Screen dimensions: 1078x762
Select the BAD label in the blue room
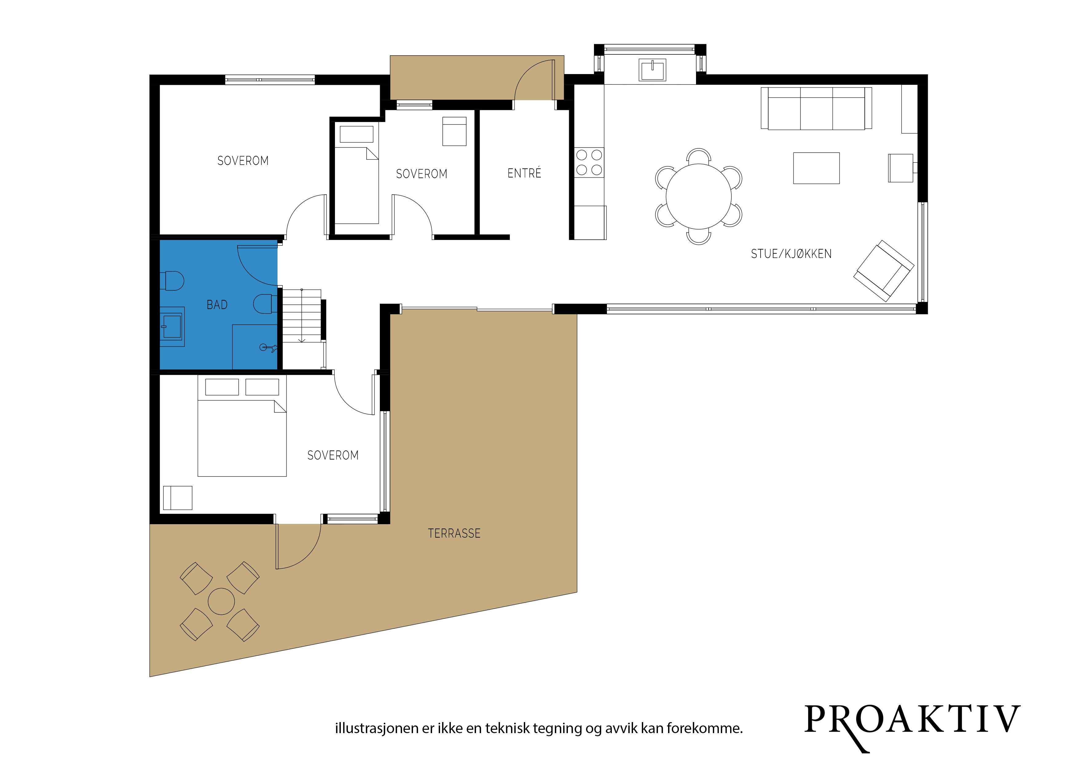coord(217,305)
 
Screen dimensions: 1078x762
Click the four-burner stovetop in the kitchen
coord(589,163)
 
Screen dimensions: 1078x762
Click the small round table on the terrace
coord(221,601)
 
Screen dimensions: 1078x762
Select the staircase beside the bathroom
coord(301,316)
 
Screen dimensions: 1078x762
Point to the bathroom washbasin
coord(172,326)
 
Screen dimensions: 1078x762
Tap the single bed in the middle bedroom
coord(356,172)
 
